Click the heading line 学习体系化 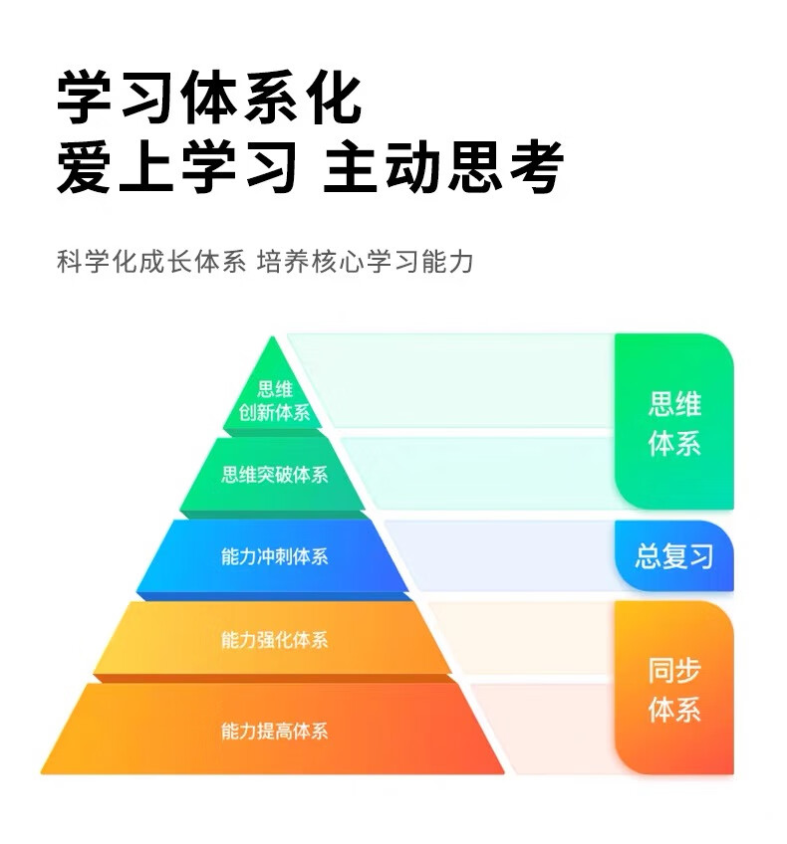click(208, 98)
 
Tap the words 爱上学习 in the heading click(176, 167)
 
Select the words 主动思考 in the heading click(443, 167)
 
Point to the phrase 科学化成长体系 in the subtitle click(150, 263)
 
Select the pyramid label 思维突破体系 click(274, 474)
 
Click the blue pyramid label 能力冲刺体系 click(274, 556)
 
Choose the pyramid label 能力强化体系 click(274, 640)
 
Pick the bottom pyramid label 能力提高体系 click(274, 732)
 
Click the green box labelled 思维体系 click(674, 422)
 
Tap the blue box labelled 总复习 click(674, 555)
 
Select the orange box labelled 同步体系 click(674, 689)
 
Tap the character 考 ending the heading click(534, 167)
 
